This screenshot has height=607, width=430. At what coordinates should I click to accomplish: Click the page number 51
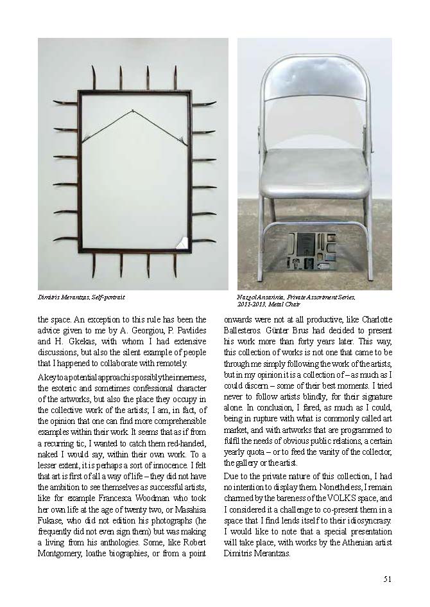(x=387, y=578)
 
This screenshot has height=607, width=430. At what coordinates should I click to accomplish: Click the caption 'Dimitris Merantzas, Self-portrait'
(x=82, y=297)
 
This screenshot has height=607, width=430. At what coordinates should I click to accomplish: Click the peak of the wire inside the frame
(x=133, y=112)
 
